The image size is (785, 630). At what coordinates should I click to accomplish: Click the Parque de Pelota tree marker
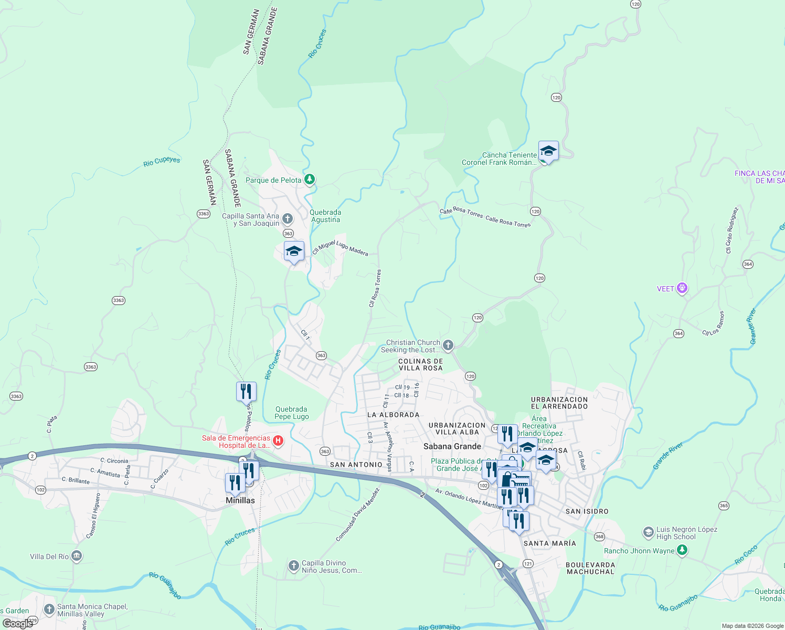tap(310, 180)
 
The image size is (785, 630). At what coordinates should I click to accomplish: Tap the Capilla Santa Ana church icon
tap(288, 218)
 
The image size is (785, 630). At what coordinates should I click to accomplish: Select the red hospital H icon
tap(278, 441)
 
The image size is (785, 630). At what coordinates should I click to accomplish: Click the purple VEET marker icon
tap(682, 288)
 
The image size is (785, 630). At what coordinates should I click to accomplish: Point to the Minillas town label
tap(240, 500)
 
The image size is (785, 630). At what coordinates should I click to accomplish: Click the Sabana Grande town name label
tap(452, 446)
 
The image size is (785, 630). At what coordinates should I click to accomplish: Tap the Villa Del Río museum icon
tap(77, 556)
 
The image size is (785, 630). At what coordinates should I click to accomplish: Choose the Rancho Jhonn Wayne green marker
tap(682, 550)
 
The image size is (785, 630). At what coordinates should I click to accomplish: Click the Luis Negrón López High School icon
tap(649, 533)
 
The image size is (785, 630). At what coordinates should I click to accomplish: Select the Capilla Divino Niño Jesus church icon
tap(294, 566)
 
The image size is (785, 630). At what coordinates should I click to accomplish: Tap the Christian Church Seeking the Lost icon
tap(448, 345)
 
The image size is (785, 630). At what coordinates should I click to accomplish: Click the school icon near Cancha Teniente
tap(548, 151)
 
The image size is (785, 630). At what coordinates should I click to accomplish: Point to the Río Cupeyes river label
tap(162, 161)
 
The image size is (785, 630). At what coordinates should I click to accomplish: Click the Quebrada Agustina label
tap(325, 216)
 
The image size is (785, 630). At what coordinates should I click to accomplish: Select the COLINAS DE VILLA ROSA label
tap(420, 364)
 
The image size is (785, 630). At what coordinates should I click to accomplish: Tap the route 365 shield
tap(724, 506)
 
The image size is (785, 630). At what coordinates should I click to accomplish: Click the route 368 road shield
tap(599, 537)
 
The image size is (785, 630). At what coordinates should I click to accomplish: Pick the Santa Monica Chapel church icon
tap(49, 609)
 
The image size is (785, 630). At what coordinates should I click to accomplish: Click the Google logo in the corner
tap(17, 624)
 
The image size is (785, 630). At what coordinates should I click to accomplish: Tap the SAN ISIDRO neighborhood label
tap(587, 511)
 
